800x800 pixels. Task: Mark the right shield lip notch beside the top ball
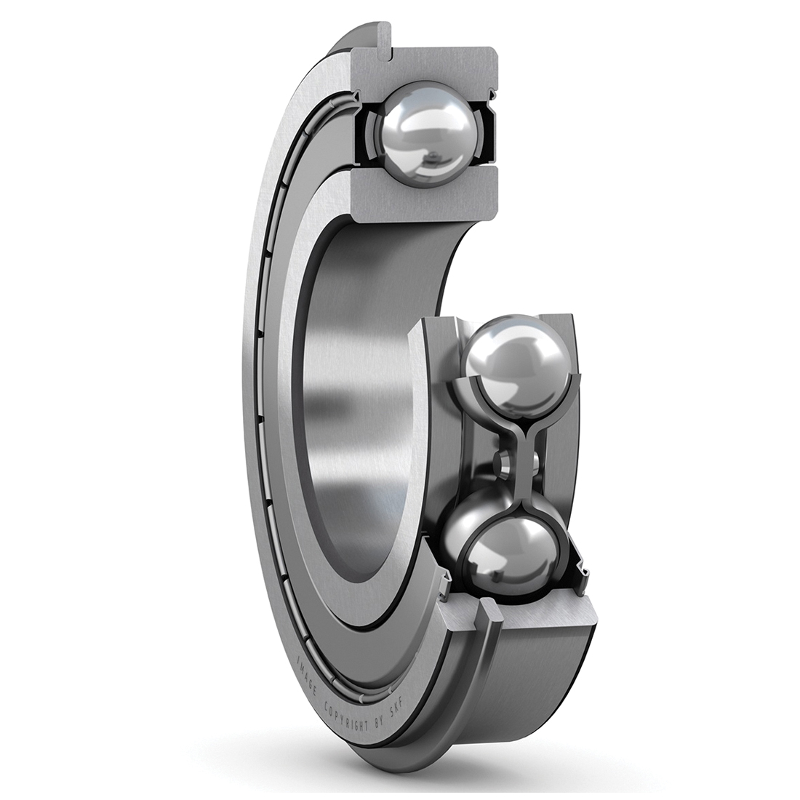pyautogui.click(x=495, y=95)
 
